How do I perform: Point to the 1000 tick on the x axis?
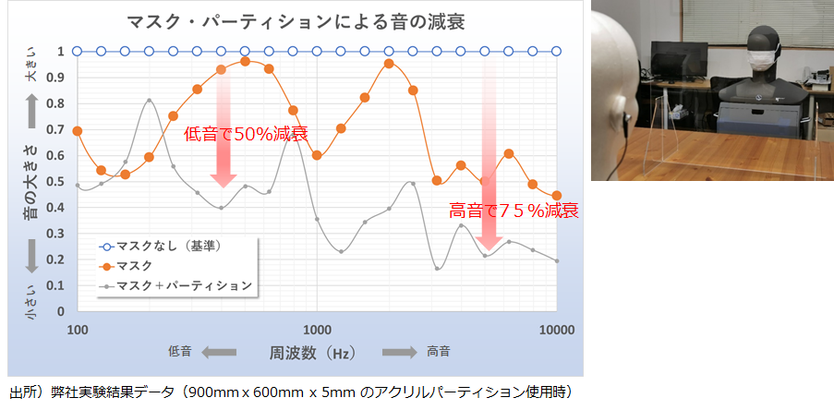point(317,330)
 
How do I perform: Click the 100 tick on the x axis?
point(78,330)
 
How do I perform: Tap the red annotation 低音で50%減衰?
point(246,134)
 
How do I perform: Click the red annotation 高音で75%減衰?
point(514,211)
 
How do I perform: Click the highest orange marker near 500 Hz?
point(245,61)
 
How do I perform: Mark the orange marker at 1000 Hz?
point(317,155)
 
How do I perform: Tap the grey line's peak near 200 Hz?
point(150,101)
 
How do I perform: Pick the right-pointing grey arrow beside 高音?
point(399,352)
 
